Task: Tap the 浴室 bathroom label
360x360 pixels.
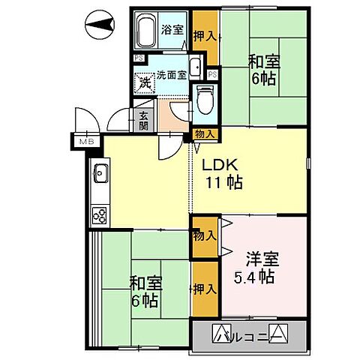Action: [172, 30]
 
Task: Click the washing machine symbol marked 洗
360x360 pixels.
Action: [142, 82]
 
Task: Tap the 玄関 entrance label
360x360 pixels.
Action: [142, 121]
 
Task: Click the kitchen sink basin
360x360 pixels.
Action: [100, 178]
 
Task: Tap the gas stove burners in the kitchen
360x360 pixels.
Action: [100, 215]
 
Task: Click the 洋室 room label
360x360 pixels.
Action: [262, 259]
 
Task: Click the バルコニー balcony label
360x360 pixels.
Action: [250, 334]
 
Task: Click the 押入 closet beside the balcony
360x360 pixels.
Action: [205, 288]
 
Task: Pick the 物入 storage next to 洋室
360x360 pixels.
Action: [204, 235]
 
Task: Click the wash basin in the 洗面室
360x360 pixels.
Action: [195, 67]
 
